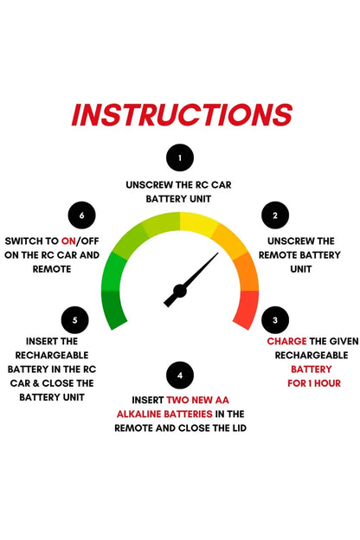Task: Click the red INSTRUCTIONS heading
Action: tap(182, 115)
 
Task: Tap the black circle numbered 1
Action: tap(180, 157)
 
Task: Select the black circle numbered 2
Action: tap(275, 215)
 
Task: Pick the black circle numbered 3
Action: tap(275, 320)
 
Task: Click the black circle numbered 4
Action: tap(180, 375)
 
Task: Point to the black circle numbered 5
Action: tap(74, 320)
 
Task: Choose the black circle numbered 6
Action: tap(81, 215)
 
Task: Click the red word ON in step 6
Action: tap(68, 241)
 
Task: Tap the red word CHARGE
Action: tap(286, 341)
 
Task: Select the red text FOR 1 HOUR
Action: tap(314, 383)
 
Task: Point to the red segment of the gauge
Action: tap(247, 309)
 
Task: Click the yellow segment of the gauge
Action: tap(198, 224)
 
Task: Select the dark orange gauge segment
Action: tap(247, 273)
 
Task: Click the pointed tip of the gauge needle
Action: tap(218, 253)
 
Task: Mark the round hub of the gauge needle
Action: tap(179, 291)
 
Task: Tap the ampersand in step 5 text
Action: tap(35, 383)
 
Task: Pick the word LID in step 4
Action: tap(239, 428)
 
